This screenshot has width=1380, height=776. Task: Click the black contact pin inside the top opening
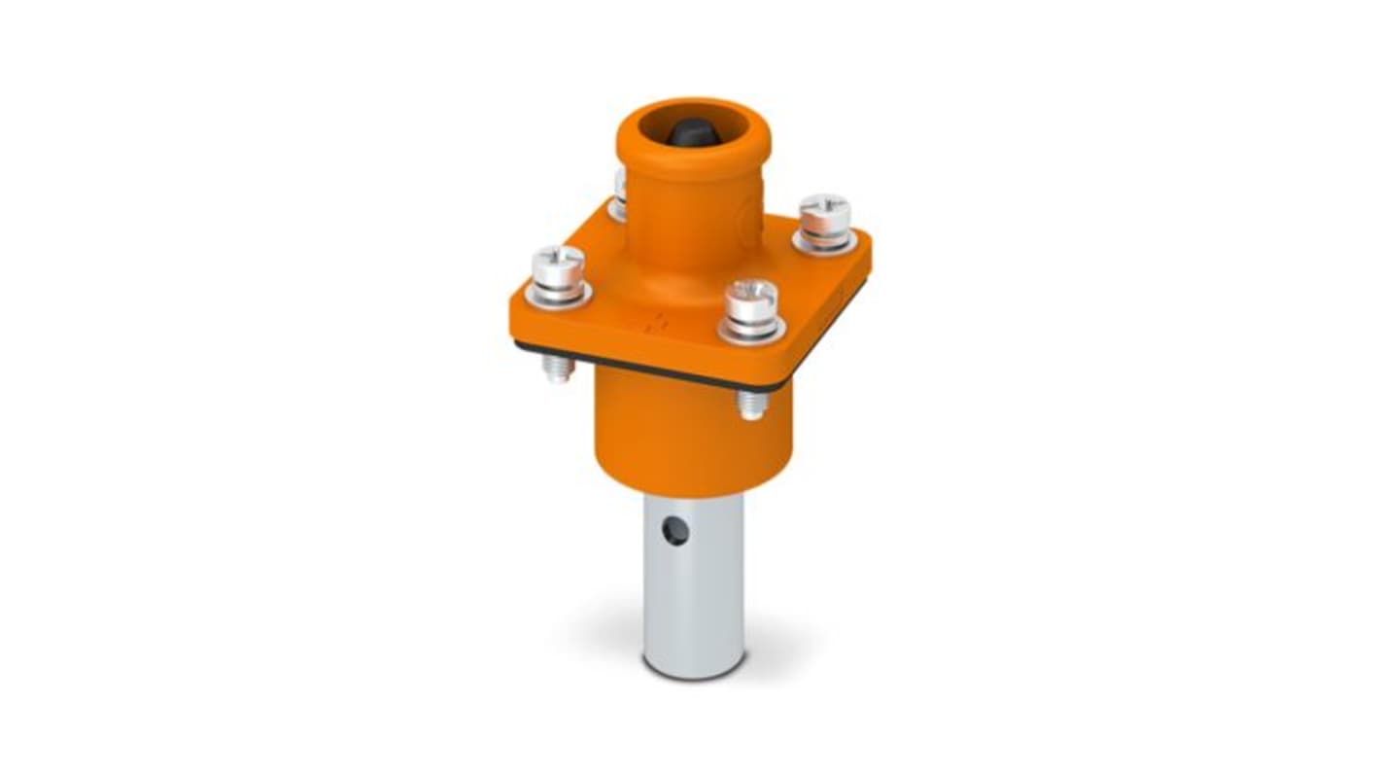[693, 133]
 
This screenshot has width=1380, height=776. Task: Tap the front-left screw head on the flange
[558, 263]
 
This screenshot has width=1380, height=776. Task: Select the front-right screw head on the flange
[752, 296]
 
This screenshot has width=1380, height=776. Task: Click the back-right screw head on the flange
[824, 211]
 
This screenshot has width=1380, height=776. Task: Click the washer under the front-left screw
[558, 294]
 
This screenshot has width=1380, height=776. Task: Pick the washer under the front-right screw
[752, 331]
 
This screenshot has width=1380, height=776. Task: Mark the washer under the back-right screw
[824, 242]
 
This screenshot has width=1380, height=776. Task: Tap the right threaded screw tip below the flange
[751, 404]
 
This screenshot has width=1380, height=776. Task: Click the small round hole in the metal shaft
[675, 531]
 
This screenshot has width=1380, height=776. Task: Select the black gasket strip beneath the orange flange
[641, 367]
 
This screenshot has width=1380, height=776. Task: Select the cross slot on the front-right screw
[752, 288]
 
